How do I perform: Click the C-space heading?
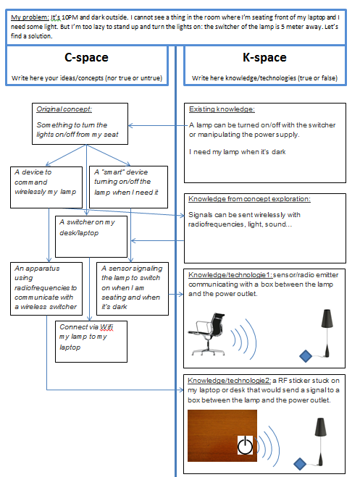pyautogui.click(x=86, y=57)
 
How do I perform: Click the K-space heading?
pyautogui.click(x=264, y=57)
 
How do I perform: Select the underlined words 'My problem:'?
pyautogui.click(x=30, y=17)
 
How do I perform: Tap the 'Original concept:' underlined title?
pyautogui.click(x=64, y=109)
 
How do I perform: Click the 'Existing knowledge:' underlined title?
pyautogui.click(x=222, y=109)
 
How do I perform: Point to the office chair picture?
pyautogui.click(x=207, y=334)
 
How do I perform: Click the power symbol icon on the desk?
pyautogui.click(x=245, y=445)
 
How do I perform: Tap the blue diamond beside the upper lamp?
pyautogui.click(x=306, y=356)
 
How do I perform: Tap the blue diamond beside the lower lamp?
pyautogui.click(x=300, y=464)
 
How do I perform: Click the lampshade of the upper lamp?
pyautogui.click(x=327, y=318)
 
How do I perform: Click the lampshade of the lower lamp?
pyautogui.click(x=320, y=427)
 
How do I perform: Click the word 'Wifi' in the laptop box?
pyautogui.click(x=106, y=327)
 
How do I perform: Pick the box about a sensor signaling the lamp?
pyautogui.click(x=133, y=289)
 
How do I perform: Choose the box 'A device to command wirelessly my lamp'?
pyautogui.click(x=46, y=187)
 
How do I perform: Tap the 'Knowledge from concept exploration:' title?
pyautogui.click(x=249, y=198)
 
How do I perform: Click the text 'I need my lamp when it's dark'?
pyautogui.click(x=238, y=152)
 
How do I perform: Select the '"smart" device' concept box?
pyautogui.click(x=128, y=187)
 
